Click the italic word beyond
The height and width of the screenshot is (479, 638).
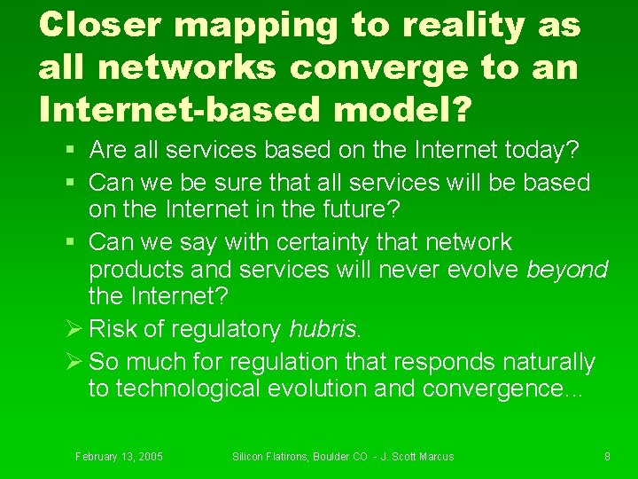coord(567,270)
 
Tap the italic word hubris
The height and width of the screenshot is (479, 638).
coord(324,329)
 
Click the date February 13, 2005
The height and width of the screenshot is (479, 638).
coord(119,457)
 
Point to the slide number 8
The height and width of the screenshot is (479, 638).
coord(607,457)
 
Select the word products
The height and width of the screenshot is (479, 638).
coord(136,270)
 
